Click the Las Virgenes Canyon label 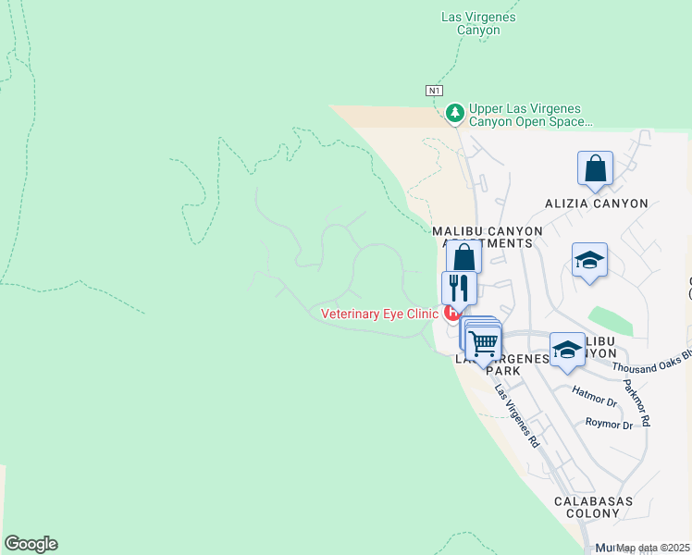478,23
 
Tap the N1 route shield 434,90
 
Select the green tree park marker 454,114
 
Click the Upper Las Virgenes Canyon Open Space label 530,115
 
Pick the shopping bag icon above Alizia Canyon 595,169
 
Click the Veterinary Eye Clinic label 378,314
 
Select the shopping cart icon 484,343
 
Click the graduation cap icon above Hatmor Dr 567,349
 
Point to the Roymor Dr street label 609,425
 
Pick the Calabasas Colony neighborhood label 593,507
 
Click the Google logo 31,544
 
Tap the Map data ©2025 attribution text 652,548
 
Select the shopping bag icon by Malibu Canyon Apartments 463,256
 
